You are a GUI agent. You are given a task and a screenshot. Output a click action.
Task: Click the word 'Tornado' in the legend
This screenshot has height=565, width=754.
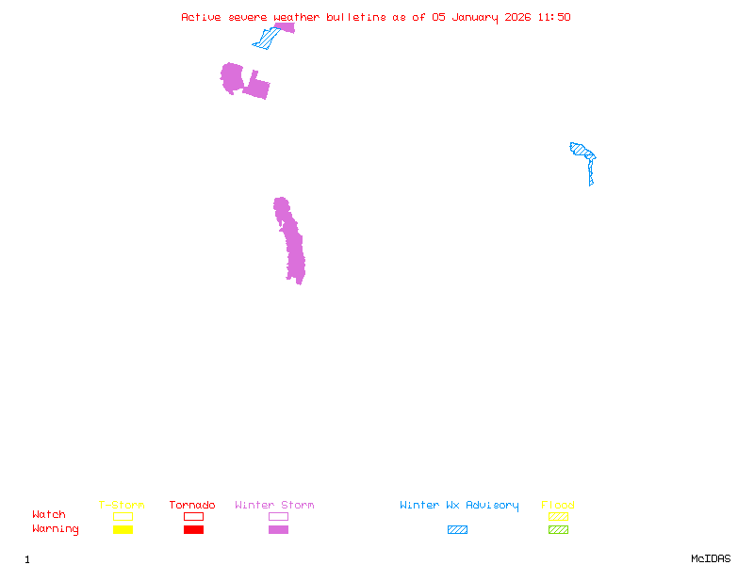pos(192,506)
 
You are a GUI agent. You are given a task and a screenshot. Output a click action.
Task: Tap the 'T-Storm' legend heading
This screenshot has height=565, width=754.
pos(122,506)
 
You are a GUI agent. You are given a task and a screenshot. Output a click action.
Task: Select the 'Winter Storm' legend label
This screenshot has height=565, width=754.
pos(274,506)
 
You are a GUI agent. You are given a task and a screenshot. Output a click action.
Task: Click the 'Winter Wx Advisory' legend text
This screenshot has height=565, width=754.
pos(459,506)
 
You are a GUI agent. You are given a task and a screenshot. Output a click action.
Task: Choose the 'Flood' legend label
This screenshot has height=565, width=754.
pos(558,506)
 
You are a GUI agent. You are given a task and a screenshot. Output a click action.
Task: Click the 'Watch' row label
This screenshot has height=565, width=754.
pos(49,515)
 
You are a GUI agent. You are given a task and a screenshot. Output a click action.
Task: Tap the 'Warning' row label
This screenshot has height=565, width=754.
pos(56,529)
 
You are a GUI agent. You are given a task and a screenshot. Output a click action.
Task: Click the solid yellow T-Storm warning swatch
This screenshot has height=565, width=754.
pos(123,530)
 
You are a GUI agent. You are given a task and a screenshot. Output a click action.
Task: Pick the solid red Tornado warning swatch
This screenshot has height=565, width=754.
pos(193,530)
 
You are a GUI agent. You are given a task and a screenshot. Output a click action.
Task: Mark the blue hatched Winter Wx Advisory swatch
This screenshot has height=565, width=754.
pos(457,530)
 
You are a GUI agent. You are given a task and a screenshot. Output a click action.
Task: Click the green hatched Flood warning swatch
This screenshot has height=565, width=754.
pos(558,530)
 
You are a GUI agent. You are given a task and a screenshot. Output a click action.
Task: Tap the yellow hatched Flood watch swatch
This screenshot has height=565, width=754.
pos(558,516)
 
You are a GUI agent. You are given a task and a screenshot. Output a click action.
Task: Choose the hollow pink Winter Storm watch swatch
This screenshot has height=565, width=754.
pos(278,516)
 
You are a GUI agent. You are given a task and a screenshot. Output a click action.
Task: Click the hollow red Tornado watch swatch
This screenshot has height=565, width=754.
pos(193,516)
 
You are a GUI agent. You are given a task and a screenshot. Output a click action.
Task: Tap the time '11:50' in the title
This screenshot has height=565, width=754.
pos(556,17)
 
